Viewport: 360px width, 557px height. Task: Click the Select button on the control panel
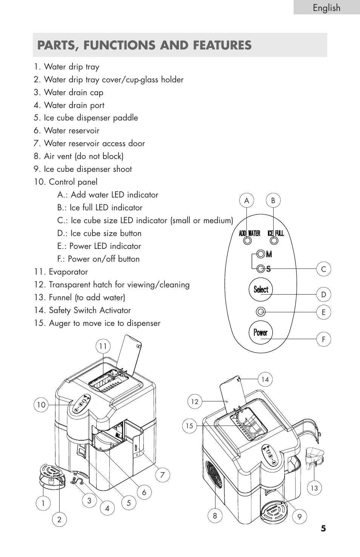(261, 290)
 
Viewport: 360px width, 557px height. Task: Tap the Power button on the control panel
(260, 332)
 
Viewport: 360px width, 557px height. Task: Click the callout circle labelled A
(246, 201)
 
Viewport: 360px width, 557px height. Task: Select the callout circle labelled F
(323, 339)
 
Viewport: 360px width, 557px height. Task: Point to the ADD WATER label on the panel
(249, 233)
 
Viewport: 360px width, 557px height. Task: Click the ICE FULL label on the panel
(275, 233)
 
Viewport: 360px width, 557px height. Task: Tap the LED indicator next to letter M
(260, 254)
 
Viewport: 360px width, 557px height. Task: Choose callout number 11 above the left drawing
(103, 346)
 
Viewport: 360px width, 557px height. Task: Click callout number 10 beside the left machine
(41, 405)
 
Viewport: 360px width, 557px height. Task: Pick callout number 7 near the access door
(163, 475)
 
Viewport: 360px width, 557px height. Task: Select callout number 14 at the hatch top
(265, 379)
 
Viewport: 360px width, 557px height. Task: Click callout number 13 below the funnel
(314, 488)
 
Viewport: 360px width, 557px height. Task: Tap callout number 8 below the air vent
(215, 516)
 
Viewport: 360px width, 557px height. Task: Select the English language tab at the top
(326, 8)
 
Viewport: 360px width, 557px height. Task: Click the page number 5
(323, 528)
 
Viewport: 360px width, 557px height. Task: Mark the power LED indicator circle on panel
(260, 312)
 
